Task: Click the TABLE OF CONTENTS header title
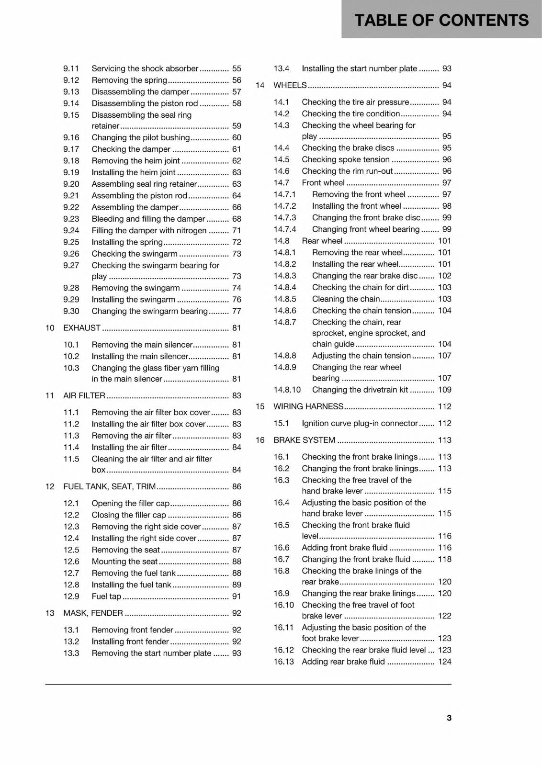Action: point(441,20)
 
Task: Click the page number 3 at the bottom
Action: point(449,718)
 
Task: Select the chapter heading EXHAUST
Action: point(82,328)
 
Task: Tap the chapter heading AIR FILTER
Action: point(84,395)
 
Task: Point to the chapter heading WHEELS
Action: point(290,85)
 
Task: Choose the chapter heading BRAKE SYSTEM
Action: point(304,440)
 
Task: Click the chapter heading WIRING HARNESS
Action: point(308,406)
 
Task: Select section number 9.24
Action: point(71,230)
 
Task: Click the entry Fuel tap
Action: point(106,596)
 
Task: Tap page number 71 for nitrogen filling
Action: point(237,230)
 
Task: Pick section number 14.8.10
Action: point(287,390)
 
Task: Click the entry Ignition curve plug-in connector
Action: point(360,423)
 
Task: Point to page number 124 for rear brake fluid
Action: point(444,662)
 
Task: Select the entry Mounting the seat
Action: point(124,561)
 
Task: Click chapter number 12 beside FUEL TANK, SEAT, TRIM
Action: point(50,486)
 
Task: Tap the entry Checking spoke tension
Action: point(345,159)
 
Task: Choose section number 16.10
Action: point(283,605)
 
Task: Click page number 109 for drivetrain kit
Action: point(444,390)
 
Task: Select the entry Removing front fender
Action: point(132,630)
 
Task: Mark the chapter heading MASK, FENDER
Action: point(93,613)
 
